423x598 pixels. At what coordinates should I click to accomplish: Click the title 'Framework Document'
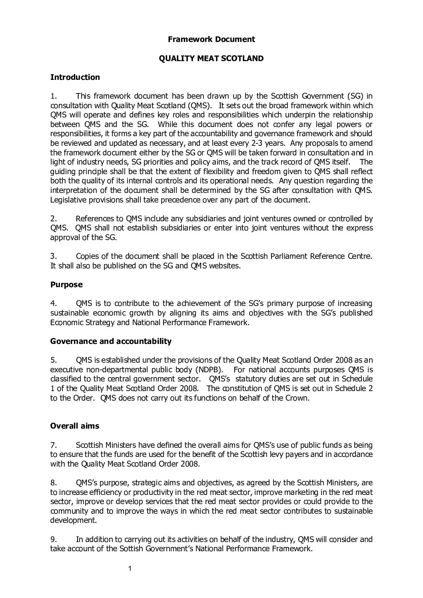(x=211, y=39)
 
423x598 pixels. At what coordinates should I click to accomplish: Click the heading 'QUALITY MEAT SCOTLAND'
(x=211, y=58)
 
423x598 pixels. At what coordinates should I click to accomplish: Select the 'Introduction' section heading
(x=75, y=77)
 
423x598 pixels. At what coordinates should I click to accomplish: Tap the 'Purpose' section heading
(x=66, y=284)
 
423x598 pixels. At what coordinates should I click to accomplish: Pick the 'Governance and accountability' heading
(x=111, y=341)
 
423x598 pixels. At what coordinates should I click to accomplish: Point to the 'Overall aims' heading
(x=75, y=426)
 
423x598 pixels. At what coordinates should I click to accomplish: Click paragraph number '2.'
(x=54, y=219)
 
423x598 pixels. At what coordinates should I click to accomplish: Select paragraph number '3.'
(x=54, y=256)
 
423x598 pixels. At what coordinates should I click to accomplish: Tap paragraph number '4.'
(x=54, y=303)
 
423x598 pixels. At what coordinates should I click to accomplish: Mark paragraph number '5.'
(x=54, y=360)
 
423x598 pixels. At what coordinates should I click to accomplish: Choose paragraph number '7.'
(x=54, y=445)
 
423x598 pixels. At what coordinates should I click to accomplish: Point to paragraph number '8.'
(x=54, y=483)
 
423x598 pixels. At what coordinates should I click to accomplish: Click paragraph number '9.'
(x=54, y=539)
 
